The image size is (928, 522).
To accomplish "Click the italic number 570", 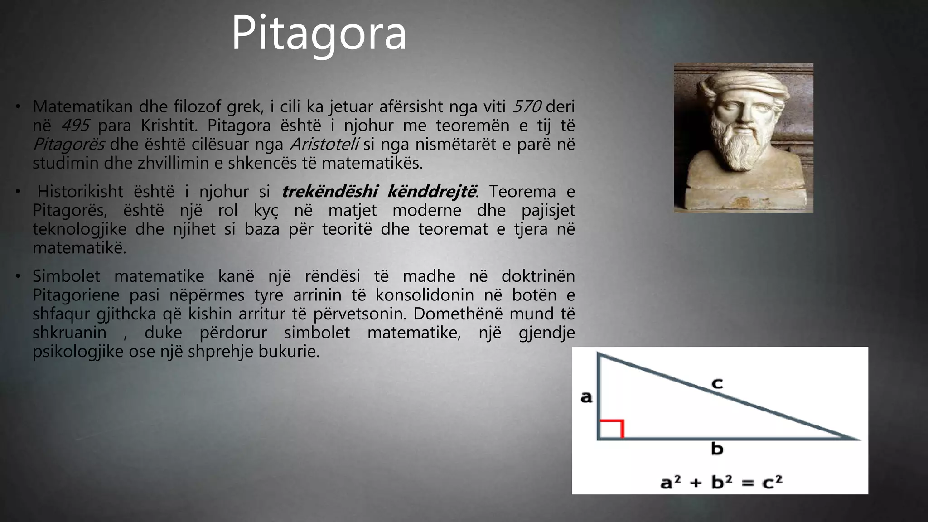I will point(527,107).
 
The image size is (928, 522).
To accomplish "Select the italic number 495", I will point(75,126).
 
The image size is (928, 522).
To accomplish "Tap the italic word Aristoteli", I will point(324,145).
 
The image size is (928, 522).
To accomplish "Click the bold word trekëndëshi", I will point(329,192).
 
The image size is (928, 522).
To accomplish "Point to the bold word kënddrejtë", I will point(432,192).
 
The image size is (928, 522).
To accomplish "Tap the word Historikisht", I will point(80,192).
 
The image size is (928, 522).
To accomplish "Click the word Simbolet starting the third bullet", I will point(66,276).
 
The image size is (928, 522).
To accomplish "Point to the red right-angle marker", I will point(612,428).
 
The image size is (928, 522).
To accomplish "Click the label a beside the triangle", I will point(586,397).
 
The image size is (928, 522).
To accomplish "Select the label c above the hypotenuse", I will point(717,383).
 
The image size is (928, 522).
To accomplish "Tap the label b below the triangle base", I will point(717,449).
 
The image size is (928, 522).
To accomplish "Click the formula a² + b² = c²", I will point(721,482).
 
